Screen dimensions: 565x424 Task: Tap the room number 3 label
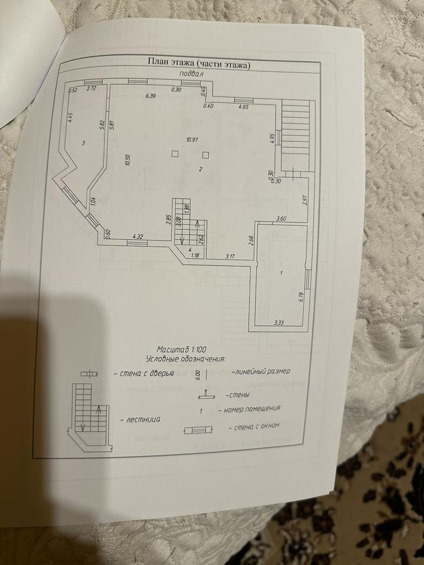point(83,143)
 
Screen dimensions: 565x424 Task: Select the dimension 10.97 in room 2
point(192,140)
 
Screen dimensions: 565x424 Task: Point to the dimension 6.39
point(151,97)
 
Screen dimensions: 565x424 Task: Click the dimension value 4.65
point(243,107)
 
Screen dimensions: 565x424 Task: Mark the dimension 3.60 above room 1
point(281,219)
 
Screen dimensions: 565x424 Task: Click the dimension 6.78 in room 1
point(302,296)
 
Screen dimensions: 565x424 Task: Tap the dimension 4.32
point(137,237)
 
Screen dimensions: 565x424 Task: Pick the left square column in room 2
point(174,154)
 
